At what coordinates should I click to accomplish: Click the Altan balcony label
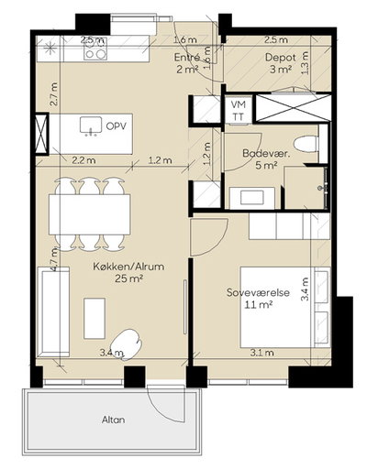pyautogui.click(x=113, y=420)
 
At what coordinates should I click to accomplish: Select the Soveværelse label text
pyautogui.click(x=259, y=292)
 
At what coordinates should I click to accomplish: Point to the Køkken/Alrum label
pyautogui.click(x=128, y=267)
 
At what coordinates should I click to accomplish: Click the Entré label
pyautogui.click(x=187, y=58)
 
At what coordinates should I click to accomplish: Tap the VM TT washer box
pyautogui.click(x=239, y=110)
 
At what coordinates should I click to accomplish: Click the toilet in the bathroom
pyautogui.click(x=306, y=143)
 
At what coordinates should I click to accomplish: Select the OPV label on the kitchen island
pyautogui.click(x=116, y=125)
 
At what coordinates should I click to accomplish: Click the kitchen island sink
pyautogui.click(x=91, y=125)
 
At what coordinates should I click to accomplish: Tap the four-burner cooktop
pyautogui.click(x=95, y=49)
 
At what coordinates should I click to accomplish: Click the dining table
pyautogui.click(x=90, y=214)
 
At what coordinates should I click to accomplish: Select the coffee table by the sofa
pyautogui.click(x=95, y=318)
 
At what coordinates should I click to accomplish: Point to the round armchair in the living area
pyautogui.click(x=127, y=344)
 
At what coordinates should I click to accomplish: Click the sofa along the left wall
pyautogui.click(x=53, y=311)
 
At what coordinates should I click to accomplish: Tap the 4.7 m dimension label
pyautogui.click(x=54, y=259)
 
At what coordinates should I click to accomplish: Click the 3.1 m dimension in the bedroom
pyautogui.click(x=262, y=353)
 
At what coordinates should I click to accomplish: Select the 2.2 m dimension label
pyautogui.click(x=83, y=159)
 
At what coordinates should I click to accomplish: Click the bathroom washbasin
pyautogui.click(x=251, y=197)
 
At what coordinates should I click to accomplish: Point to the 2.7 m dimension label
pyautogui.click(x=54, y=94)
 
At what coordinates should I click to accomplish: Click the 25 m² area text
pyautogui.click(x=129, y=278)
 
